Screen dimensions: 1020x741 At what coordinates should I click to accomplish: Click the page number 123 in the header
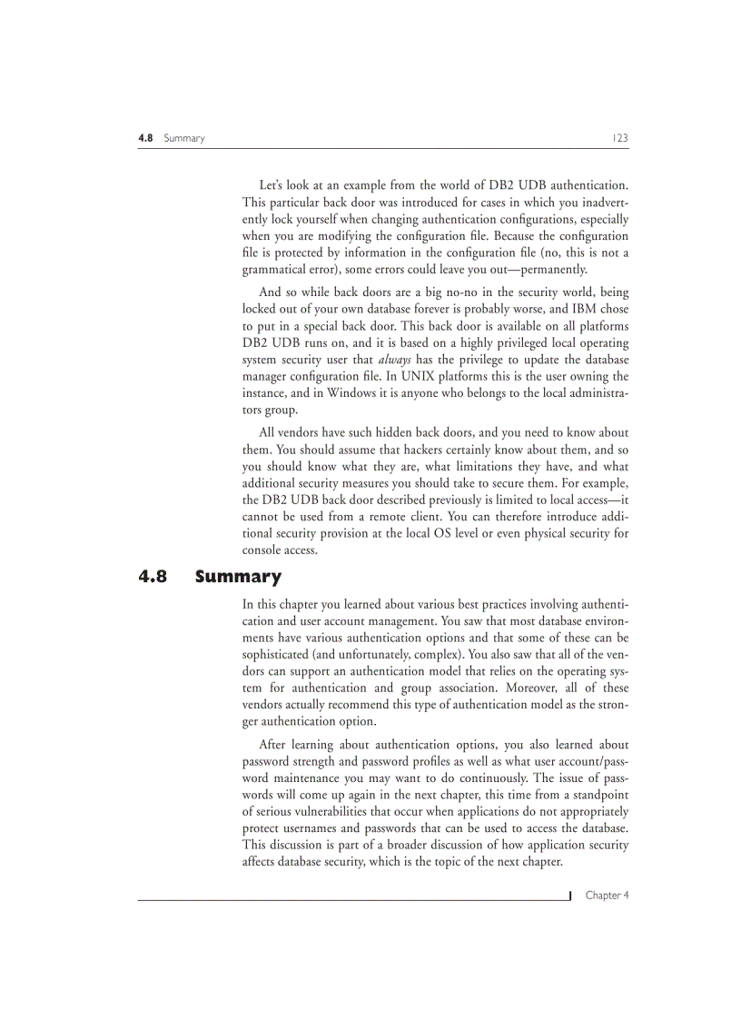click(620, 138)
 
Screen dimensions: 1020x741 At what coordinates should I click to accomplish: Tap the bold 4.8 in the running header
click(145, 138)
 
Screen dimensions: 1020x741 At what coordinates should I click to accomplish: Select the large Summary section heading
click(238, 577)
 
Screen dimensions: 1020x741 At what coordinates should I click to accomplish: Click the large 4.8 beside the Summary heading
click(153, 577)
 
